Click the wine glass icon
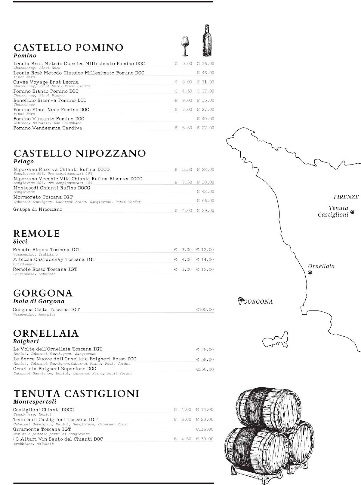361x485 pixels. [x=185, y=46]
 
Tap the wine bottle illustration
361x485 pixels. [x=206, y=41]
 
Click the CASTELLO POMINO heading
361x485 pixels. [x=69, y=47]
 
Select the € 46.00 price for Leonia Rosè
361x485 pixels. [x=205, y=73]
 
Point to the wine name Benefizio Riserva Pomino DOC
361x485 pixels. [x=50, y=100]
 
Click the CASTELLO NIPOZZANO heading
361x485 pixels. [x=80, y=153]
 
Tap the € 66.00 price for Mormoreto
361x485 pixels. [x=205, y=201]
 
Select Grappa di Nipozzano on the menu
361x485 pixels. [x=38, y=209]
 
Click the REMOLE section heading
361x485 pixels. [x=36, y=233]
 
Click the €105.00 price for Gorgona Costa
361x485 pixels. [x=205, y=309]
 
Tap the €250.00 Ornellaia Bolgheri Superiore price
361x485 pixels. [x=205, y=369]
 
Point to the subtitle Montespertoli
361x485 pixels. [x=35, y=402]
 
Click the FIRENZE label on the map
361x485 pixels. [x=346, y=197]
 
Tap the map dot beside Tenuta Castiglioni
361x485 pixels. [x=353, y=212]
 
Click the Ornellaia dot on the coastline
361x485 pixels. [x=310, y=272]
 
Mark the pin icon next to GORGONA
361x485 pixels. [x=240, y=301]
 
